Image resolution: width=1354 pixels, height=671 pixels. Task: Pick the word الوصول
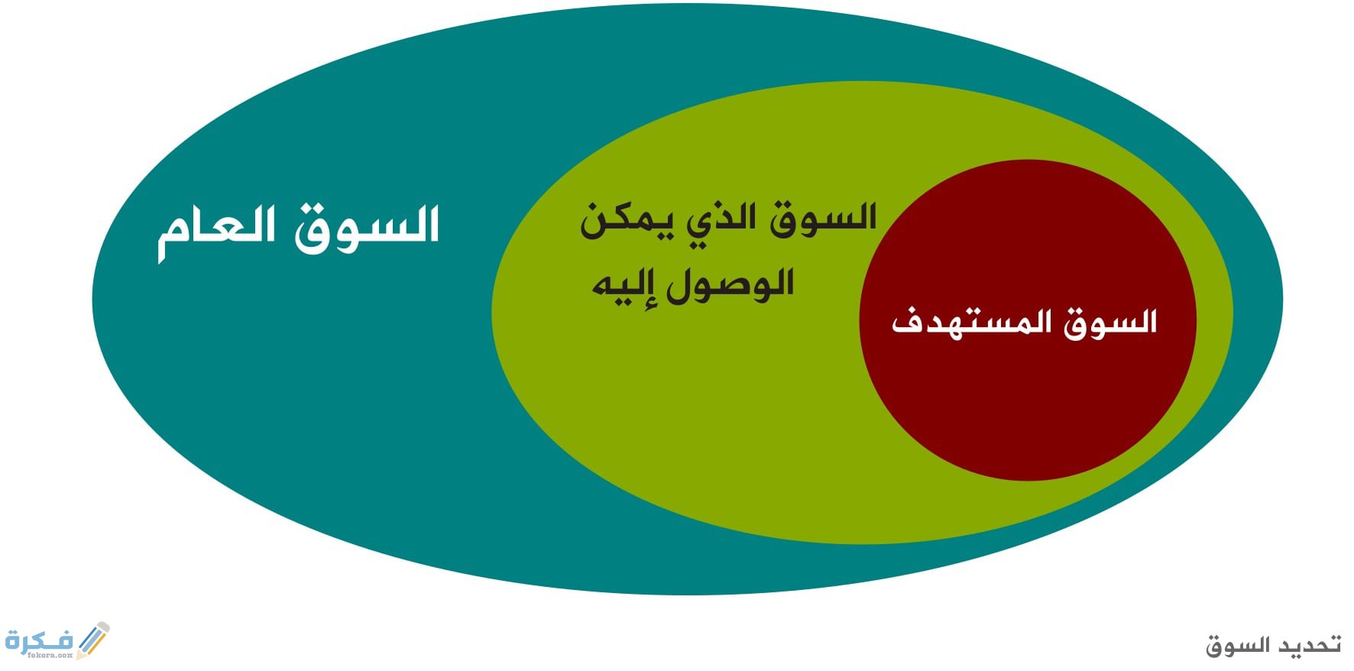730,284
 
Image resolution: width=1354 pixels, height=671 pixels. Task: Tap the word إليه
626,287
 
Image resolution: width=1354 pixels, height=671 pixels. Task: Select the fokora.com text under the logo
50,656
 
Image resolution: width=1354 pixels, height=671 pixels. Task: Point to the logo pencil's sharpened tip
79,655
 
